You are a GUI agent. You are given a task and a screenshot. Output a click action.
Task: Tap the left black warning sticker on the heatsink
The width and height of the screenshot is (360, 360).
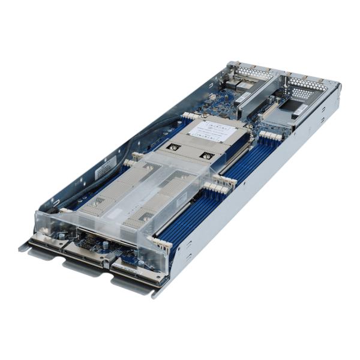[x=174, y=146]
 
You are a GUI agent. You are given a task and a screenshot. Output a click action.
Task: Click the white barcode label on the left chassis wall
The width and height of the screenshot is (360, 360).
[x=106, y=169]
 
